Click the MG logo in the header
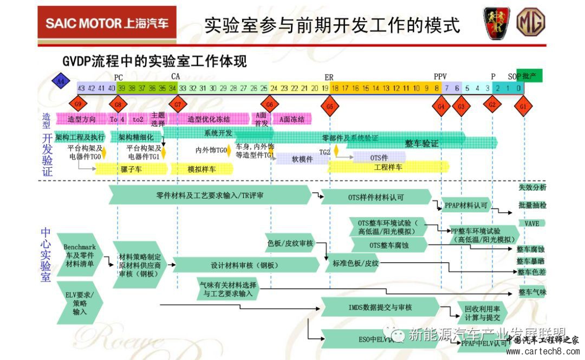pyautogui.click(x=530, y=23)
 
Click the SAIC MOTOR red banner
pyautogui.click(x=107, y=23)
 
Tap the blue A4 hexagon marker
pyautogui.click(x=61, y=82)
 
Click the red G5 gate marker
pyautogui.click(x=329, y=107)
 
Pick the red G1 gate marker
pyautogui.click(x=523, y=107)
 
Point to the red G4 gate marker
pyautogui.click(x=441, y=107)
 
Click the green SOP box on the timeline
pyautogui.click(x=529, y=76)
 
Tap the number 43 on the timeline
pyautogui.click(x=81, y=88)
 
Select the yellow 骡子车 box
pyautogui.click(x=132, y=169)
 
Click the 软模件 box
pyautogui.click(x=302, y=159)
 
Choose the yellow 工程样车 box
pyautogui.click(x=388, y=167)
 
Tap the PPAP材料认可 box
pyautogui.click(x=466, y=206)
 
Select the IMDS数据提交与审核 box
pyautogui.click(x=380, y=307)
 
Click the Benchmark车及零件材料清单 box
pyautogui.click(x=79, y=256)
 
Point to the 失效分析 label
pyautogui.click(x=532, y=187)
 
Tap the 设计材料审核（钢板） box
pyautogui.click(x=244, y=265)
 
